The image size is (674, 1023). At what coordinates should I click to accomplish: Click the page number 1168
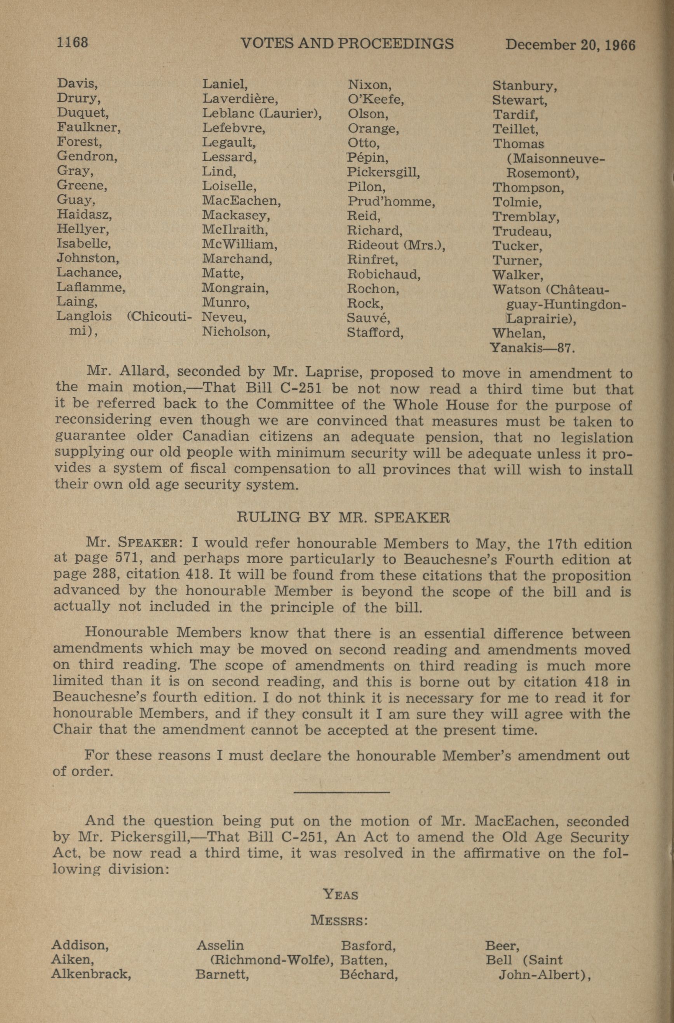point(72,43)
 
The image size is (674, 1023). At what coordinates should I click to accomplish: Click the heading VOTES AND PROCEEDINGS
point(347,43)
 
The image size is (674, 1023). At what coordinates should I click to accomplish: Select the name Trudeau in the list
point(521,232)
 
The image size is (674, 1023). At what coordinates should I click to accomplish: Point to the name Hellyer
point(82,229)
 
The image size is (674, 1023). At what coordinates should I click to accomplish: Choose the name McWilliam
point(239,245)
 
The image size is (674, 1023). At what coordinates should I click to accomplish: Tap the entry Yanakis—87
point(532,348)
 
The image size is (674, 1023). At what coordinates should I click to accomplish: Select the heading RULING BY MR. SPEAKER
point(343,517)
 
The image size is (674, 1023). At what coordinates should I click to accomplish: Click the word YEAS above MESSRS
point(340,895)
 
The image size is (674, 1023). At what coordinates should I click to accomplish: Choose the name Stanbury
point(524,86)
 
